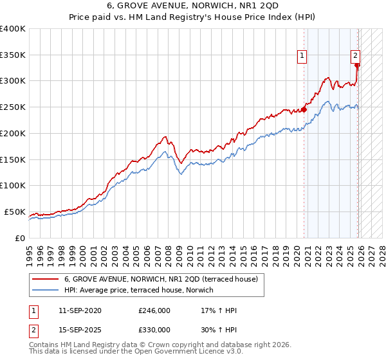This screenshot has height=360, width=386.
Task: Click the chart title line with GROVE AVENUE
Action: click(x=193, y=5)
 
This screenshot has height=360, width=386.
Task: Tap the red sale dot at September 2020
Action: click(x=304, y=109)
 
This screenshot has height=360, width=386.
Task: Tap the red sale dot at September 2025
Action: click(x=358, y=65)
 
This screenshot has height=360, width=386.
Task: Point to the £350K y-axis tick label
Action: click(x=13, y=55)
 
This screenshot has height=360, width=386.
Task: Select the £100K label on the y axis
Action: click(x=13, y=185)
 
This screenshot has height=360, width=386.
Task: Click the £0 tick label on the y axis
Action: click(x=19, y=238)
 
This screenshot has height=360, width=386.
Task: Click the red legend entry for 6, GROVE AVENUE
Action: click(x=161, y=279)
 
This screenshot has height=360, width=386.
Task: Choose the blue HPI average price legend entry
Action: click(x=143, y=291)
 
